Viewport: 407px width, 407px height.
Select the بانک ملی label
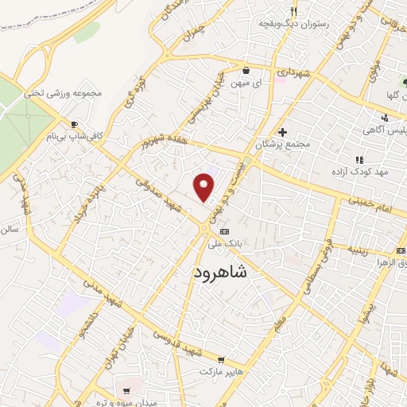pyautogui.click(x=223, y=243)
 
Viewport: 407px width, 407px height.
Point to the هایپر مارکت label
pyautogui.click(x=220, y=372)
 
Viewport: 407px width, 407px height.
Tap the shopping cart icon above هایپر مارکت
pyautogui.click(x=231, y=360)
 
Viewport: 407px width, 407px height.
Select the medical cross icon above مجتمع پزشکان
pyautogui.click(x=282, y=131)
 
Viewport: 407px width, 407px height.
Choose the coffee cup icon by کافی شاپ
pyautogui.click(x=74, y=125)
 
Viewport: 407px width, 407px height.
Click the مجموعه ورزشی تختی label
pyautogui.click(x=64, y=92)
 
